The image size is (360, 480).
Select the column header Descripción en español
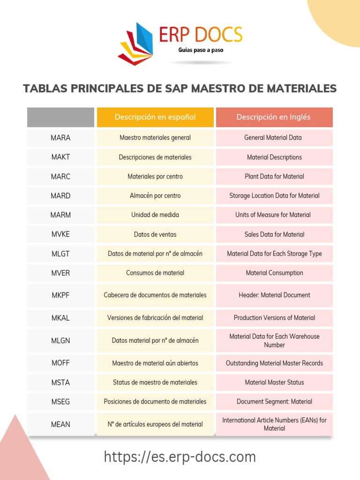tap(155, 117)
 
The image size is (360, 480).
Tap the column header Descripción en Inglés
tap(274, 117)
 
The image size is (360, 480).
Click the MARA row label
tap(60, 138)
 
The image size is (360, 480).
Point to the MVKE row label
tap(60, 234)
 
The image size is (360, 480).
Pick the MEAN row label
tap(60, 424)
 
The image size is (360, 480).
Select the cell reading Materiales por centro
tap(155, 177)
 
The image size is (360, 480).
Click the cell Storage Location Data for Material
tap(274, 196)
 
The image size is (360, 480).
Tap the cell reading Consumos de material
tap(155, 273)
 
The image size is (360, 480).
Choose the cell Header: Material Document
tap(274, 295)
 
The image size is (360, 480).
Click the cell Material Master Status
tap(274, 382)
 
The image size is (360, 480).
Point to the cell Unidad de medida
tap(155, 215)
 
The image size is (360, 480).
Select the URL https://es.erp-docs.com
tap(180, 457)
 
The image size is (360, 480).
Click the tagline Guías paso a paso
tap(201, 50)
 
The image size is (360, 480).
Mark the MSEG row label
tap(60, 402)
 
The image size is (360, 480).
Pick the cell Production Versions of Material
tap(274, 318)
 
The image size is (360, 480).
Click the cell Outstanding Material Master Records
tap(274, 363)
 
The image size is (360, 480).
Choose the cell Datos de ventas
tap(155, 234)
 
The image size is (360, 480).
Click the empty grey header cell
tap(60, 117)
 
